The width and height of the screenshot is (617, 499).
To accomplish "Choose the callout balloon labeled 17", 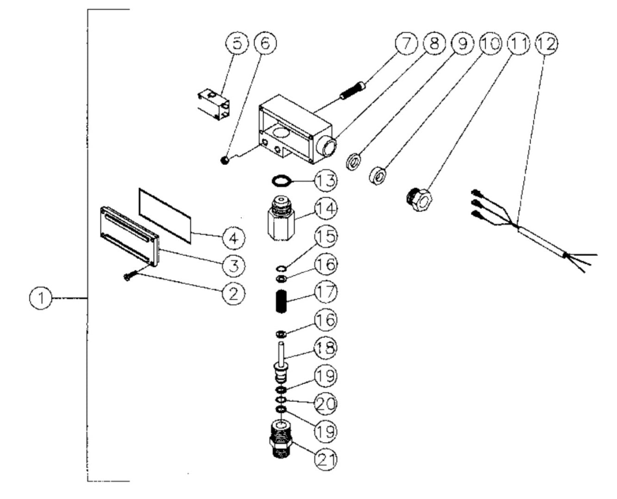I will pyautogui.click(x=326, y=292).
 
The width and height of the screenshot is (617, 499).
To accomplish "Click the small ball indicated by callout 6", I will pyautogui.click(x=223, y=160).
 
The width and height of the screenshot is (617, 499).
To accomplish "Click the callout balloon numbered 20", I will pyautogui.click(x=326, y=404).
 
